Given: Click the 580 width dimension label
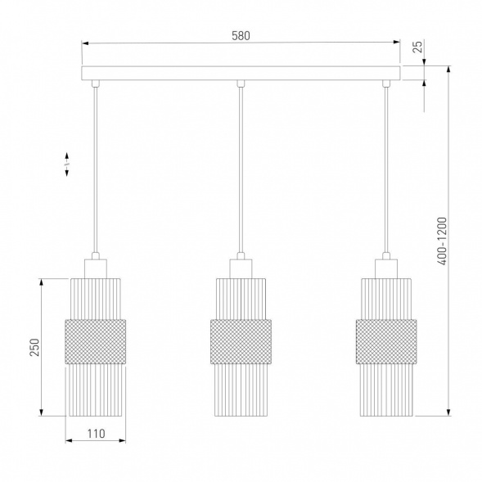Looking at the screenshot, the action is tap(241, 36).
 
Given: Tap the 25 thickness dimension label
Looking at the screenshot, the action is tap(417, 47).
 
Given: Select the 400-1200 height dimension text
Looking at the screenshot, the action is tap(442, 241).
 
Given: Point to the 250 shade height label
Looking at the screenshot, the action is tap(34, 347).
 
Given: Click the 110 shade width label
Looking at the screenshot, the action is tap(97, 434).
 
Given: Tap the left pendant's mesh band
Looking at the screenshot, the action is tap(95, 341).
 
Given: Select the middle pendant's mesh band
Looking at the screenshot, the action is tap(241, 341).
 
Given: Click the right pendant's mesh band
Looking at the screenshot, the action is tap(386, 341).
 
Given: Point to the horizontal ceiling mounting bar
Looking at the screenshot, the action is tap(241, 73).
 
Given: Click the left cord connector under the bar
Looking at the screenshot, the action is tap(96, 83).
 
